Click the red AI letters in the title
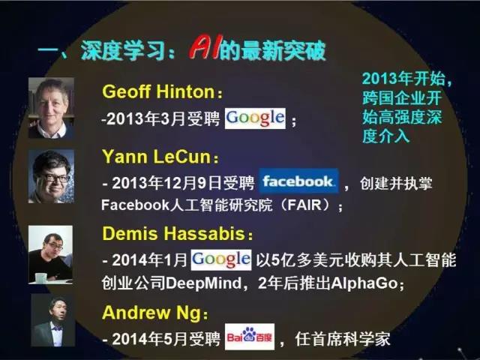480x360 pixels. pyautogui.click(x=204, y=48)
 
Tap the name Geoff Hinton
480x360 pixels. pyautogui.click(x=159, y=91)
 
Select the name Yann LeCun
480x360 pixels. pyautogui.click(x=157, y=157)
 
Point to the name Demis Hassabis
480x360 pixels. pyautogui.click(x=174, y=233)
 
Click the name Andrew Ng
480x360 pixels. pyautogui.click(x=151, y=313)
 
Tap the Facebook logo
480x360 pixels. pyautogui.click(x=298, y=181)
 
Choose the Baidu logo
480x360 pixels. pyautogui.click(x=250, y=337)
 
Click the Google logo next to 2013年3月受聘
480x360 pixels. pyautogui.click(x=255, y=118)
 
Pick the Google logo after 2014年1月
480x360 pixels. pyautogui.click(x=221, y=260)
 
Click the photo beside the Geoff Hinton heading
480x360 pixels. pyautogui.click(x=51, y=108)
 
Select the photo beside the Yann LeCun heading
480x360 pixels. pyautogui.click(x=51, y=176)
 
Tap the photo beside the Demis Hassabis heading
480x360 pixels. pyautogui.click(x=50, y=255)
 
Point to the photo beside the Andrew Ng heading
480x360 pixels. pyautogui.click(x=53, y=320)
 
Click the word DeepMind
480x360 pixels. pyautogui.click(x=203, y=283)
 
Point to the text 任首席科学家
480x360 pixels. pyautogui.click(x=343, y=339)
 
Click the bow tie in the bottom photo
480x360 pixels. pyautogui.click(x=57, y=328)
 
